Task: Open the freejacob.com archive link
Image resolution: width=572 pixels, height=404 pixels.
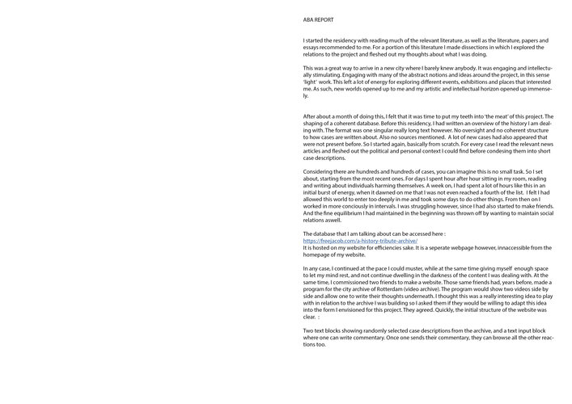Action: coord(360,241)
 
